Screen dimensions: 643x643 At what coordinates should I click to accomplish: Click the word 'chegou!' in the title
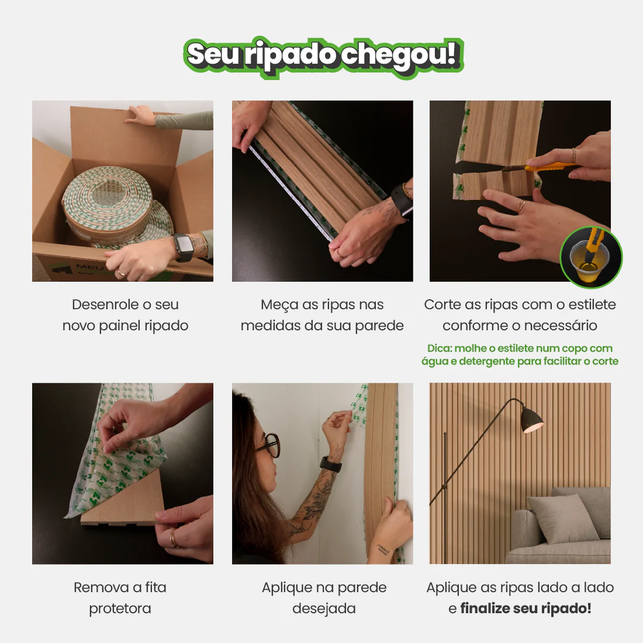coord(400,56)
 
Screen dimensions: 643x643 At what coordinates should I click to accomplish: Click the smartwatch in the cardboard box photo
coord(183,246)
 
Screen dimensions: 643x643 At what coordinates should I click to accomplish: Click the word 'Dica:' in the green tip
coord(440,348)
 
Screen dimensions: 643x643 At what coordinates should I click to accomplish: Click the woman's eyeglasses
coord(269,444)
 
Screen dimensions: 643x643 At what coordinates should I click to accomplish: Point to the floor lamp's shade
coord(532,420)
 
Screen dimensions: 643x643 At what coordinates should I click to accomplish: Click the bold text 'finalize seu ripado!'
coord(526,608)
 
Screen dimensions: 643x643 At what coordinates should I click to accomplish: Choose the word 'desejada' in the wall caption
coord(324,608)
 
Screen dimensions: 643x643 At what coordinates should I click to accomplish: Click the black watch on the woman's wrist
coord(330,464)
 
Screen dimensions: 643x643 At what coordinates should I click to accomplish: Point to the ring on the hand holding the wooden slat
coord(173,538)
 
